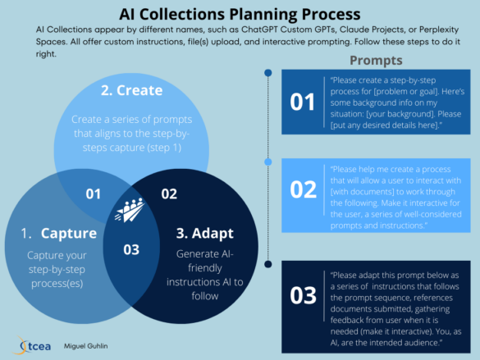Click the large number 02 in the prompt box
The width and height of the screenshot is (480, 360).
(x=302, y=189)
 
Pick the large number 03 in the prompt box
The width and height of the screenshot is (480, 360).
(x=302, y=294)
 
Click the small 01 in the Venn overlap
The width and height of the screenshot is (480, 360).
(x=93, y=194)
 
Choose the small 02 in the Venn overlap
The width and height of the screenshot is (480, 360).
(x=169, y=194)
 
